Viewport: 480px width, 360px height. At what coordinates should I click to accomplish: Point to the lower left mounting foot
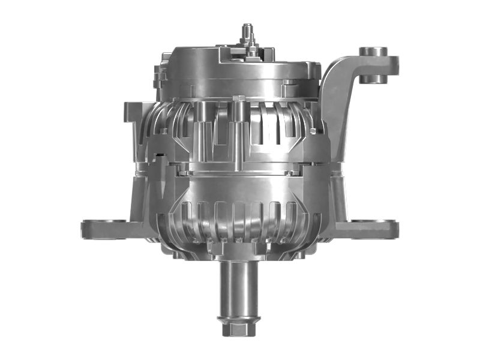click(x=105, y=228)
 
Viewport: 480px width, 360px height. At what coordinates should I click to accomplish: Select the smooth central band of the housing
click(x=240, y=183)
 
